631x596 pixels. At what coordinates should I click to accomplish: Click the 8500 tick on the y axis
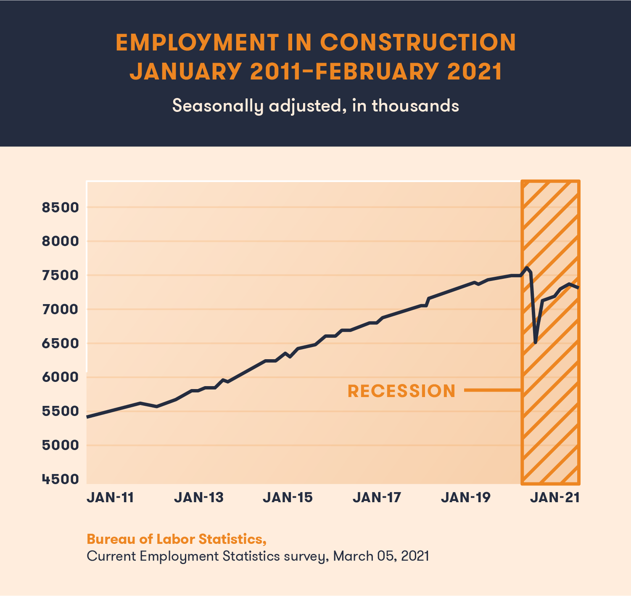point(61,207)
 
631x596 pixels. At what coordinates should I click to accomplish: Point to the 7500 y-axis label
point(61,275)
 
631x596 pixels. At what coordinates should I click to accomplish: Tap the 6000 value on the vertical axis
point(61,377)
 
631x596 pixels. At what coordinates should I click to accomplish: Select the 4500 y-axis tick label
point(61,479)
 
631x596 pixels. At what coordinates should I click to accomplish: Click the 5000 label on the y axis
point(61,445)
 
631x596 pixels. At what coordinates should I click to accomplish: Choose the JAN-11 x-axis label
point(110,498)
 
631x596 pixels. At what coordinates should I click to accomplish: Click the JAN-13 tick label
point(199,498)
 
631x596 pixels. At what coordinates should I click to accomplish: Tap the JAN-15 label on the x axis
point(288,498)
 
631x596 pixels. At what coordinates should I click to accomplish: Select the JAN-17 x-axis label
point(377,498)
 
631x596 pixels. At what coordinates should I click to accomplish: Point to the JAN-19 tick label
point(466,498)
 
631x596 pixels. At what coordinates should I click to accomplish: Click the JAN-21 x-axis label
point(555,498)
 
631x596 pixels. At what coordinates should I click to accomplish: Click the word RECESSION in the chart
point(401,391)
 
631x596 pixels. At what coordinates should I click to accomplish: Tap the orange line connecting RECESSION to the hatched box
point(492,391)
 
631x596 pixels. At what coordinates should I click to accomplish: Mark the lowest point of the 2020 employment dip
point(535,342)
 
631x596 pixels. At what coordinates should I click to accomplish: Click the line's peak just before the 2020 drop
point(527,268)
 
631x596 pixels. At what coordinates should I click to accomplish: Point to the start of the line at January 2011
point(87,417)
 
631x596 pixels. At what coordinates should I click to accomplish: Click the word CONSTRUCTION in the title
point(418,42)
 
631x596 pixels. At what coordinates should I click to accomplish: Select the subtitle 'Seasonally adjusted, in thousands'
point(315,106)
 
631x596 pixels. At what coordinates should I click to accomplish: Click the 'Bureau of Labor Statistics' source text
point(176,539)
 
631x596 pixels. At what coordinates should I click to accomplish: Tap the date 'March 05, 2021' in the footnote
point(381,556)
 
